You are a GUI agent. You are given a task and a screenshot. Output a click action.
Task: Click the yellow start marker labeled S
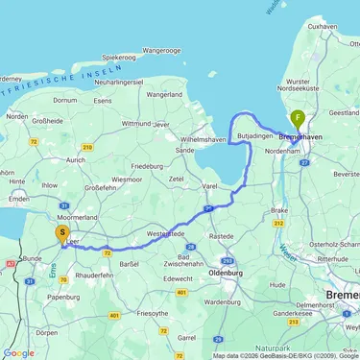click(62, 232)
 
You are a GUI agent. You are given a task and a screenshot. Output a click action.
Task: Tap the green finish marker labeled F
click(299, 120)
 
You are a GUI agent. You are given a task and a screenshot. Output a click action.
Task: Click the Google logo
click(19, 352)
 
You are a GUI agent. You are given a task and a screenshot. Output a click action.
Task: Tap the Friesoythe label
click(153, 312)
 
